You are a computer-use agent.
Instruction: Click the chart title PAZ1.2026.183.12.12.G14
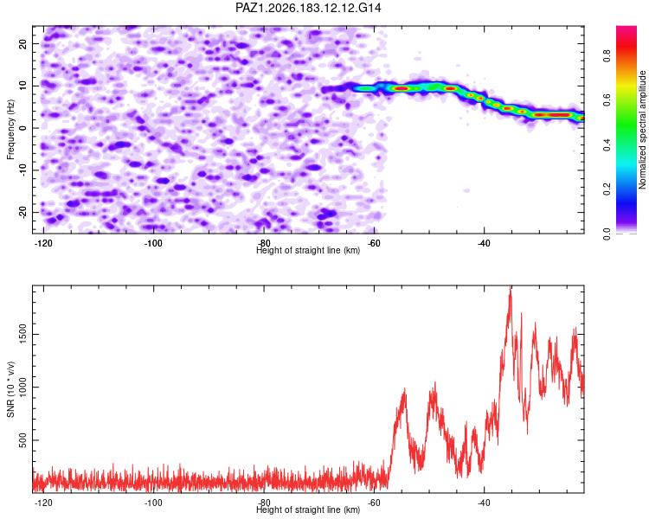pyautogui.click(x=308, y=8)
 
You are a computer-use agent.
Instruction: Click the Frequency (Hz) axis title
pyautogui.click(x=10, y=129)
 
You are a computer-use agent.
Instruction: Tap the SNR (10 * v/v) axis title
pyautogui.click(x=10, y=389)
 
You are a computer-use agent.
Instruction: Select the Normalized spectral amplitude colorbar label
pyautogui.click(x=642, y=129)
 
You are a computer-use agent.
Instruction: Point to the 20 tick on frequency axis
pyautogui.click(x=22, y=43)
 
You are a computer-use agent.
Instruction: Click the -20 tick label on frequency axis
pyautogui.click(x=22, y=212)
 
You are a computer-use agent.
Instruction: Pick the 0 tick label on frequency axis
pyautogui.click(x=22, y=128)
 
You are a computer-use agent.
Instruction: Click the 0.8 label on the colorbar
pyautogui.click(x=607, y=55)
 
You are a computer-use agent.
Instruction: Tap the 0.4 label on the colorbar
pyautogui.click(x=607, y=144)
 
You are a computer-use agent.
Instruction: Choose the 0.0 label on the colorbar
pyautogui.click(x=607, y=234)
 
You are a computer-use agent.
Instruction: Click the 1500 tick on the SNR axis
pyautogui.click(x=22, y=335)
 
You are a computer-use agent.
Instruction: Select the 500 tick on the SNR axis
pyautogui.click(x=22, y=440)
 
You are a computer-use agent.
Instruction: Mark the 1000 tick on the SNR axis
pyautogui.click(x=22, y=388)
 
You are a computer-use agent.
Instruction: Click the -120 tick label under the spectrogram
pyautogui.click(x=43, y=243)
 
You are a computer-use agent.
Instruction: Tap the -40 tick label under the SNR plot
pyautogui.click(x=484, y=503)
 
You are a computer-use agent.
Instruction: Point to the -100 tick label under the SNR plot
pyautogui.click(x=153, y=503)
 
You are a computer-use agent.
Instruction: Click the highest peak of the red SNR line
pyautogui.click(x=511, y=287)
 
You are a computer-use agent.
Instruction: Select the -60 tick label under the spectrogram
pyautogui.click(x=373, y=243)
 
